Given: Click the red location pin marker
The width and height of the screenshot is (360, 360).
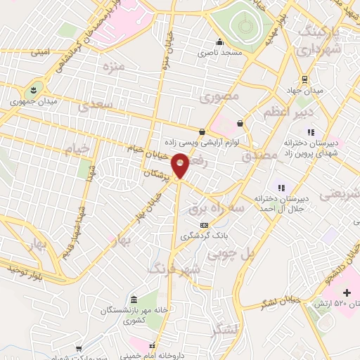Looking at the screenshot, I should (180, 166).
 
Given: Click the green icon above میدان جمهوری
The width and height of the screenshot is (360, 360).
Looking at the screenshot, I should (32, 90).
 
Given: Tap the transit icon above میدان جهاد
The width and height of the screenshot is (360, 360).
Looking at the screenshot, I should (304, 79).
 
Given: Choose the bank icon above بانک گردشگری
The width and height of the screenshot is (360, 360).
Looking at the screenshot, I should (204, 224).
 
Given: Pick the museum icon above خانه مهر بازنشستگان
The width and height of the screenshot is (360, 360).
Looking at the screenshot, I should (134, 299).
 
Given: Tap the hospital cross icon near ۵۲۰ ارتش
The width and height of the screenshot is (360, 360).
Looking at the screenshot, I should (345, 292).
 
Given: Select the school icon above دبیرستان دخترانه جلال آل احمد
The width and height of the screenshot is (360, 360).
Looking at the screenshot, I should (281, 188).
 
